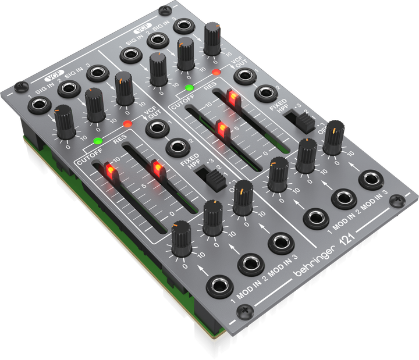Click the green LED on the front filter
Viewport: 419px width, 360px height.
click(x=97, y=140)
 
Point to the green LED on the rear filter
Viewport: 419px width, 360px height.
click(x=189, y=88)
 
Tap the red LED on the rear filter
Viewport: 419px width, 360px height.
click(x=216, y=73)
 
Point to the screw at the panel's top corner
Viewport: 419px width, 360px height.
click(x=165, y=10)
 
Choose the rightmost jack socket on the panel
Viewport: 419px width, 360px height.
click(x=370, y=179)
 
